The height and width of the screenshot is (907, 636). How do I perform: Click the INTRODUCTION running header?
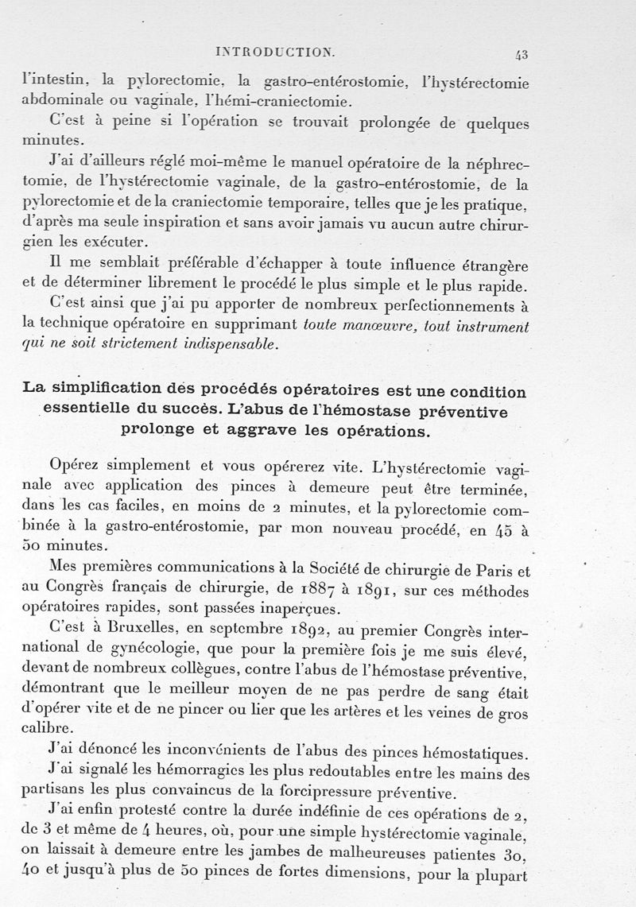[x=275, y=52]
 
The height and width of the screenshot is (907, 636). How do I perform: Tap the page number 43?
[x=522, y=54]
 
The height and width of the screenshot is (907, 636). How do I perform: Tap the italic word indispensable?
[x=233, y=346]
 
